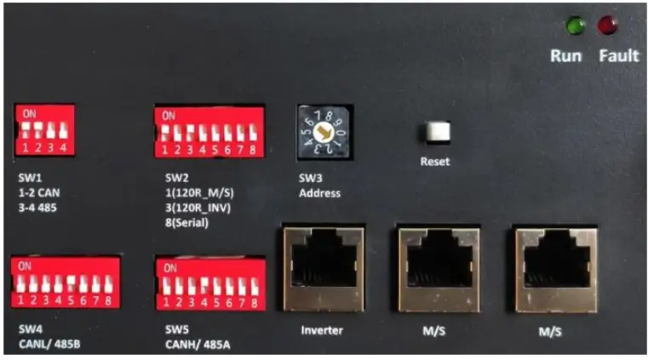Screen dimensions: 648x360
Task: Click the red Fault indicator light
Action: pos(607,26)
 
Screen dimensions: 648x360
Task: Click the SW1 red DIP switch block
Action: pos(43,131)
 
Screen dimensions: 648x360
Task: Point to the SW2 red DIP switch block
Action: pos(208,131)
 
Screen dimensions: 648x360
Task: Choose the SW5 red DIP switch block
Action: pos(208,286)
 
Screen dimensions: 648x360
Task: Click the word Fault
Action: pos(618,56)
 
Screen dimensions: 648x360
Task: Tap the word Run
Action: pos(565,56)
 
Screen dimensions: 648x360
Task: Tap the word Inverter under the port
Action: pos(320,329)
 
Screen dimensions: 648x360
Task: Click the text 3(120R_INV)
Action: pos(199,207)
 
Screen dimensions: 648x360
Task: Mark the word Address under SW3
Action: pos(319,193)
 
